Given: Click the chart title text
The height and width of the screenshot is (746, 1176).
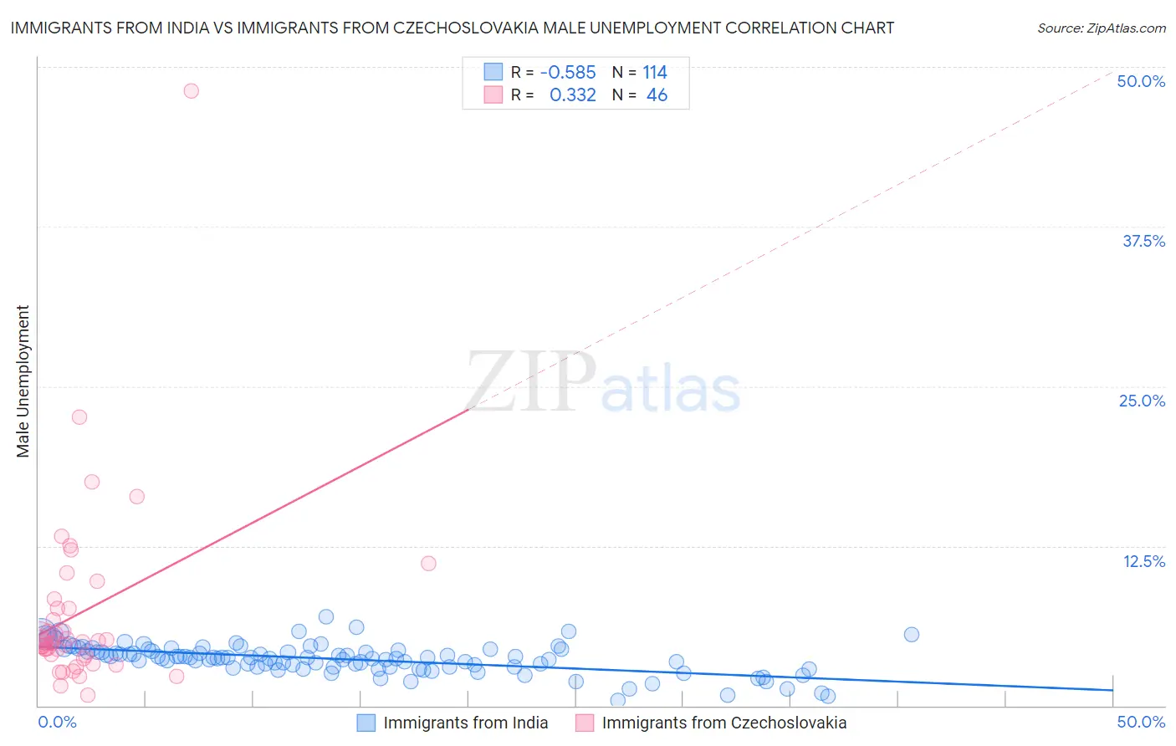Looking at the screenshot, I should click(452, 28).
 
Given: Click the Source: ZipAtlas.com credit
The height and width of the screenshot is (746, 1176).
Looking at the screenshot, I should click(1101, 28).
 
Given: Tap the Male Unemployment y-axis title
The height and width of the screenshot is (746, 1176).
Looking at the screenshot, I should click(23, 381).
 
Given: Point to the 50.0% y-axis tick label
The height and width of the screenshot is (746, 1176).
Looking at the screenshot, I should click(1141, 81).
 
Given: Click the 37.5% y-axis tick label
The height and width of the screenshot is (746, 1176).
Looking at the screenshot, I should click(1143, 241).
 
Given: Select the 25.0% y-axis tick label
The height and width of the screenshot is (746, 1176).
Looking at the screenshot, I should click(1142, 401).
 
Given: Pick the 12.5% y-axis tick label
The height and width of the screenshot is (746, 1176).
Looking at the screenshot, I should click(1143, 561).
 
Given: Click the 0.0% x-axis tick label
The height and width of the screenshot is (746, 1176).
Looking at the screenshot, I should click(57, 722).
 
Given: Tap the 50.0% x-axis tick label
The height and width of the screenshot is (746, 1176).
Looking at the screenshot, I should click(1141, 722).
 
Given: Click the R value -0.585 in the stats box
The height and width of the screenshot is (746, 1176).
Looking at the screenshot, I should click(568, 72).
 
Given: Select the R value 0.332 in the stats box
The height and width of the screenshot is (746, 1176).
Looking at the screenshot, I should click(572, 95).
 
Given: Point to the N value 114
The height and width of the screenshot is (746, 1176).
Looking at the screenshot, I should click(655, 72).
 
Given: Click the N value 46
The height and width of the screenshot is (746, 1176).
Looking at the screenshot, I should click(657, 95).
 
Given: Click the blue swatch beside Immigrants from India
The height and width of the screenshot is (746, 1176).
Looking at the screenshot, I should click(366, 723).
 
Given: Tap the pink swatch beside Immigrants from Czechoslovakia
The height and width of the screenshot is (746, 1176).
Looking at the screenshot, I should click(585, 723).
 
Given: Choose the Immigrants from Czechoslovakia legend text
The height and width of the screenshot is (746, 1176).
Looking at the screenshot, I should click(724, 723).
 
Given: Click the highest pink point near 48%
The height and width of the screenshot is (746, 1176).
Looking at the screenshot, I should click(191, 90).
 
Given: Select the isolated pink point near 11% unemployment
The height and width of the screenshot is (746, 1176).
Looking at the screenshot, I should click(428, 563).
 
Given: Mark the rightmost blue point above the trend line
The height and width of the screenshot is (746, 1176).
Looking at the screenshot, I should click(912, 634).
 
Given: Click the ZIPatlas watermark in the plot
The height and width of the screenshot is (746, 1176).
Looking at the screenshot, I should click(602, 383).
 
